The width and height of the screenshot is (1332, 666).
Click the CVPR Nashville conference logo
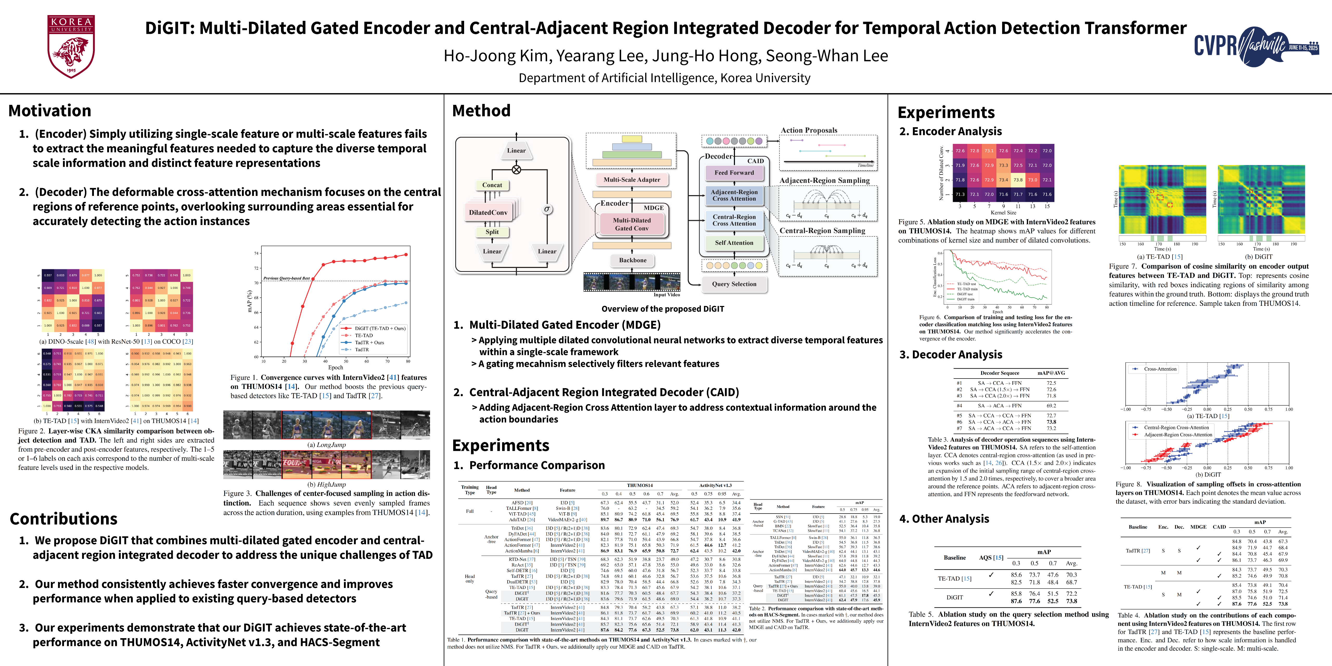tap(1256, 47)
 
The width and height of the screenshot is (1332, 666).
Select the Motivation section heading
tap(50, 111)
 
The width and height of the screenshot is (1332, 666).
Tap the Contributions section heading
tap(63, 519)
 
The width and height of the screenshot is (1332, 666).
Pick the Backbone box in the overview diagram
tap(632, 260)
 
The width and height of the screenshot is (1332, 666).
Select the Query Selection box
tap(734, 284)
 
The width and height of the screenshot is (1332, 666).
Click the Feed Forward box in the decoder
tap(734, 173)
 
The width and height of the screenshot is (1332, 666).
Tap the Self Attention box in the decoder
tap(734, 242)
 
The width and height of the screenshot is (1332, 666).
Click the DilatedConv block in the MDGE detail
tap(488, 212)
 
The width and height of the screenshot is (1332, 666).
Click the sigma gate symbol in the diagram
tap(547, 209)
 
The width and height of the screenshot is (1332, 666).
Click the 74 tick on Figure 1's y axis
tap(257, 253)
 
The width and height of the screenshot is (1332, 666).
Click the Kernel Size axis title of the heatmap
tap(1003, 213)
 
